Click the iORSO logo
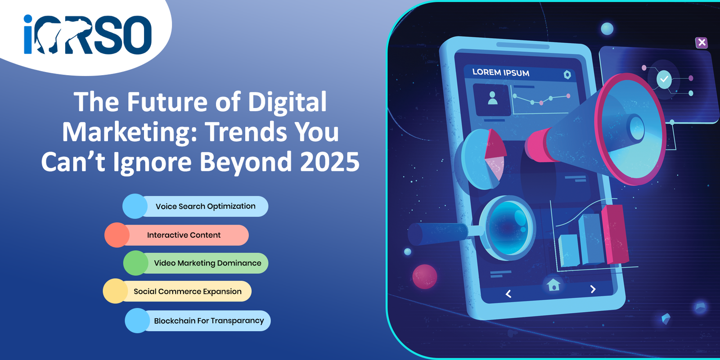(x=87, y=34)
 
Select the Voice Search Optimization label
(x=205, y=207)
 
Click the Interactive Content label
(x=184, y=235)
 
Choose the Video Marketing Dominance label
(x=207, y=263)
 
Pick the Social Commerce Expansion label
(x=187, y=291)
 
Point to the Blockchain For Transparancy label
(x=209, y=321)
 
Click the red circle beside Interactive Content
(x=117, y=235)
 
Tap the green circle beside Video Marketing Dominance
(x=135, y=263)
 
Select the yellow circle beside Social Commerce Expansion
(x=115, y=291)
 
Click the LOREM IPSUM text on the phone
(x=500, y=72)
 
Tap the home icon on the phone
(x=553, y=284)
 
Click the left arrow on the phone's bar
(x=508, y=294)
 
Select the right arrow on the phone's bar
(x=593, y=289)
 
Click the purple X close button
(x=702, y=42)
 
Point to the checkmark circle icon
(x=664, y=79)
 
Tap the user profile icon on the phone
(x=492, y=98)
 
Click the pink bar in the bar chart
(x=615, y=234)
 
